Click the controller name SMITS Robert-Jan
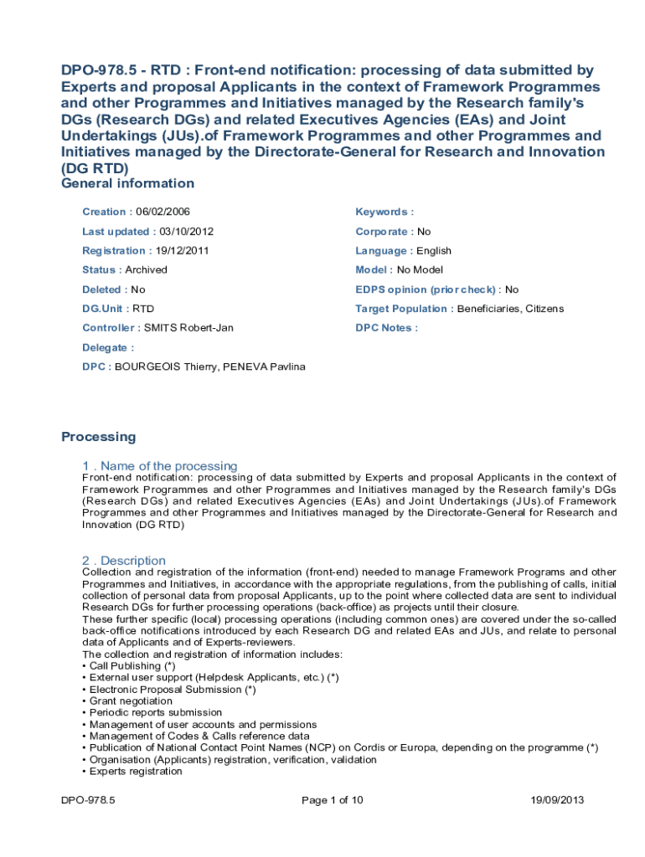point(188,327)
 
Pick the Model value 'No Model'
point(420,269)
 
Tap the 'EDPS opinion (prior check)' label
point(425,290)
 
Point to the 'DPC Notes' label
point(384,327)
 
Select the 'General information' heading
point(127,183)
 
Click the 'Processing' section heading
point(98,436)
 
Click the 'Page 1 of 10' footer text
point(332,800)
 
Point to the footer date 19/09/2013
point(557,800)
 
